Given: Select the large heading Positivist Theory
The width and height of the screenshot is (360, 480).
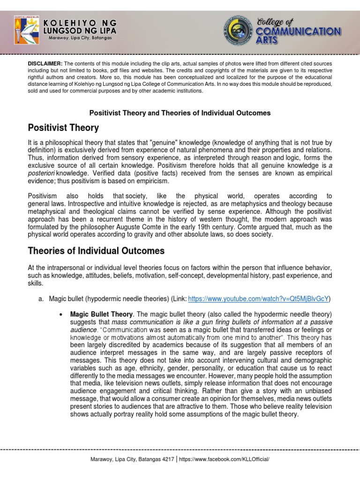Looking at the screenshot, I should [63, 128].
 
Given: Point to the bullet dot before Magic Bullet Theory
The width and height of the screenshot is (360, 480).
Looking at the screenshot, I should [60, 314].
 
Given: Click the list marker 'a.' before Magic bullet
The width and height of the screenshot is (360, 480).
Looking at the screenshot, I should [41, 299].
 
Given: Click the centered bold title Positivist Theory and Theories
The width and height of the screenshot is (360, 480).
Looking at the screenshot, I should [180, 113].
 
